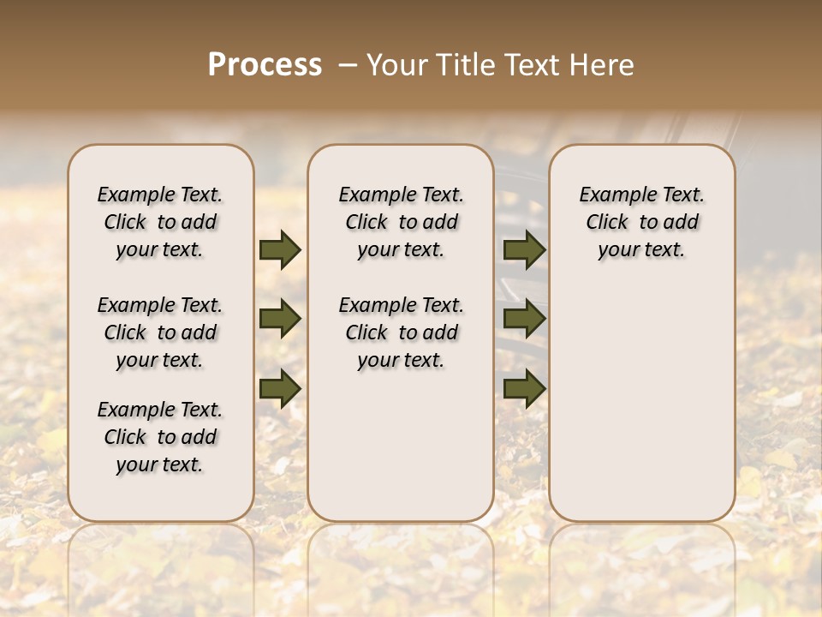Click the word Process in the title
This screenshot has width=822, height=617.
click(265, 65)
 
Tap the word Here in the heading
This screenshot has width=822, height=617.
click(603, 65)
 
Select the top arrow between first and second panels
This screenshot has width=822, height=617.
click(280, 250)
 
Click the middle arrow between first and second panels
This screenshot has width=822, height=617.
click(280, 320)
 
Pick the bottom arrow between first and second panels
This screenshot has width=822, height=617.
click(280, 388)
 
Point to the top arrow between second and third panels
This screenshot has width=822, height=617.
click(524, 250)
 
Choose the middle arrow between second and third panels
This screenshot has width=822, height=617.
click(524, 320)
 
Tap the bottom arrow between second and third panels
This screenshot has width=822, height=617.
click(524, 388)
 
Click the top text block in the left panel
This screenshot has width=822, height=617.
click(160, 222)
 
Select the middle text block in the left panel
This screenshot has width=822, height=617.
click(160, 332)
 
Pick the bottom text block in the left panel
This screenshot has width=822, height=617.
click(160, 437)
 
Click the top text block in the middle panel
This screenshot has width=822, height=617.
click(401, 222)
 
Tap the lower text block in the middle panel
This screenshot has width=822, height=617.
click(401, 332)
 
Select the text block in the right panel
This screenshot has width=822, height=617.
click(642, 222)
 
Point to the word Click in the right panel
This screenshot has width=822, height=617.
click(607, 223)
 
